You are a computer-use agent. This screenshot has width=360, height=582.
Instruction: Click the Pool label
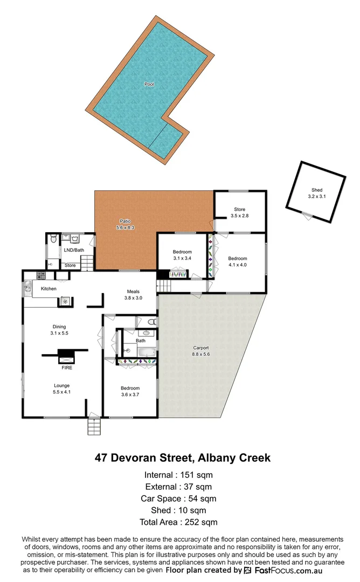click(x=149, y=84)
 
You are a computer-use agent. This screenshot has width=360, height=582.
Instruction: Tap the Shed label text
click(x=317, y=190)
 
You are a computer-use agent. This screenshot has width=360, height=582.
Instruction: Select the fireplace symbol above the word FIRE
click(x=66, y=356)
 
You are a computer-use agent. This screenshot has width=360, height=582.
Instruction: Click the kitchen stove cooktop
click(x=40, y=276)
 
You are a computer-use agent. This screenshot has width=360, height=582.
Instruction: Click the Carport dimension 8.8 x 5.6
click(x=200, y=355)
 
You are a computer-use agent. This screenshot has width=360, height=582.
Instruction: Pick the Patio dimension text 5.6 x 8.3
click(x=124, y=228)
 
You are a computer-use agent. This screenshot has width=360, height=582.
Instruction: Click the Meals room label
click(x=133, y=292)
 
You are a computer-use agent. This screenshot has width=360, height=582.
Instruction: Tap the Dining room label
click(x=59, y=327)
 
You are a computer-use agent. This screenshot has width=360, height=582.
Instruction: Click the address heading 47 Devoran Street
click(x=182, y=458)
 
